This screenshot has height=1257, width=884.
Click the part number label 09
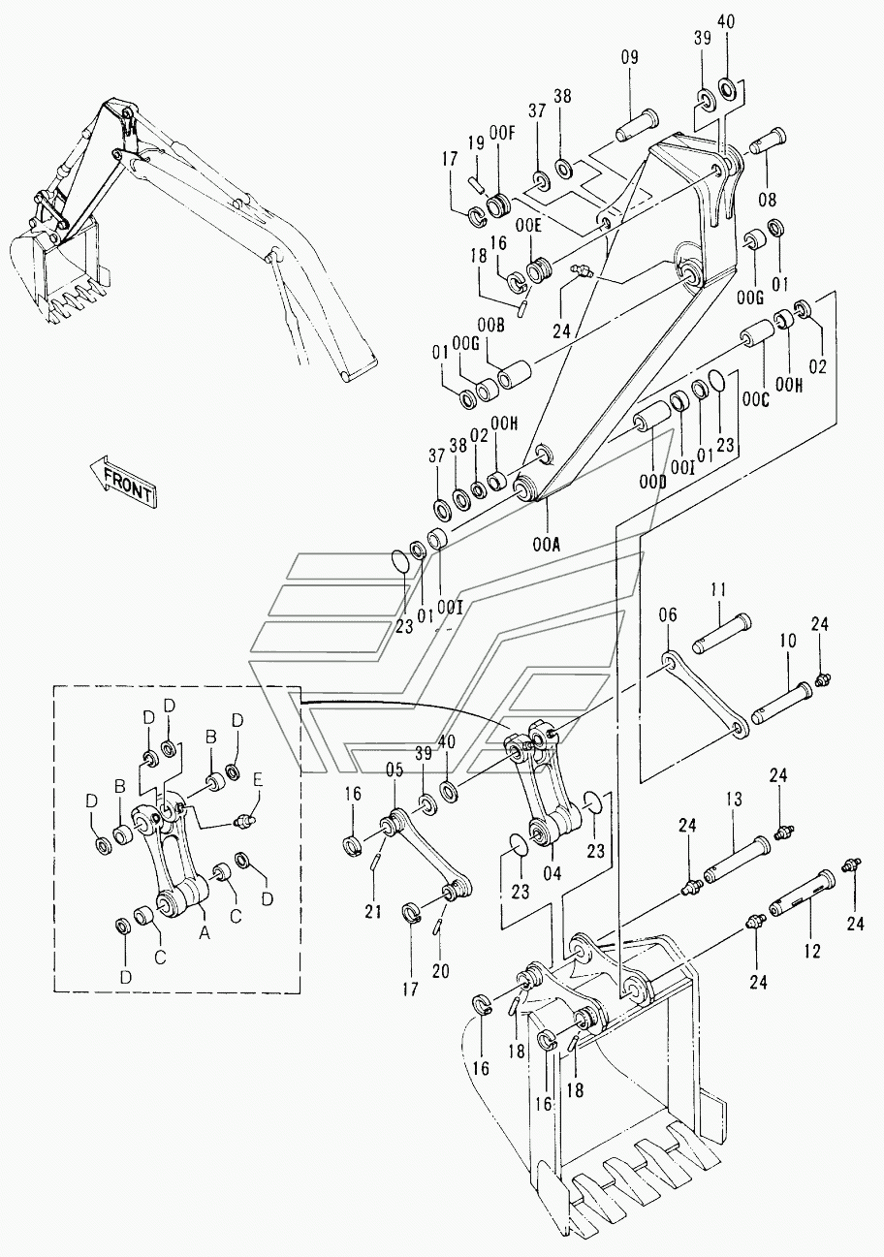point(629,58)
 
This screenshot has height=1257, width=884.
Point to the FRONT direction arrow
point(122,481)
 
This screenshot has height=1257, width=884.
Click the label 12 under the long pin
point(811,952)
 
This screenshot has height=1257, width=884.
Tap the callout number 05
point(394,770)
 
